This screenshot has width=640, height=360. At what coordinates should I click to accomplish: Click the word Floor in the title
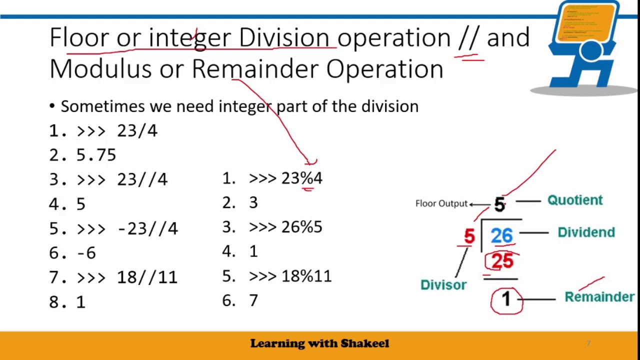pyautogui.click(x=78, y=38)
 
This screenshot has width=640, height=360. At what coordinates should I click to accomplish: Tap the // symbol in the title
pyautogui.click(x=468, y=38)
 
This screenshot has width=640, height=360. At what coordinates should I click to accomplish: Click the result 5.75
pyautogui.click(x=96, y=155)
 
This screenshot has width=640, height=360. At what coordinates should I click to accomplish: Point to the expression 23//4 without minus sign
pyautogui.click(x=142, y=179)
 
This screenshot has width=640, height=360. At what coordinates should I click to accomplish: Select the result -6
pyautogui.click(x=86, y=253)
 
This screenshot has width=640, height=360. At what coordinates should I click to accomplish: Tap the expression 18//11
pyautogui.click(x=147, y=277)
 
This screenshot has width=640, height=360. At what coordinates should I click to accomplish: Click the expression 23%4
pyautogui.click(x=301, y=178)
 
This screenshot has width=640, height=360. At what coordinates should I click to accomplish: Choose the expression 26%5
pyautogui.click(x=301, y=227)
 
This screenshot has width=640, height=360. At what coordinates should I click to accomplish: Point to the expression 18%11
pyautogui.click(x=306, y=276)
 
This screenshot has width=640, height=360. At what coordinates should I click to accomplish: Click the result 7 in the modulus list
pyautogui.click(x=253, y=300)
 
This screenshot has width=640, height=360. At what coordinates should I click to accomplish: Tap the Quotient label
pyautogui.click(x=575, y=200)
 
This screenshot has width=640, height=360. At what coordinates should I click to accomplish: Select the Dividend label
pyautogui.click(x=586, y=232)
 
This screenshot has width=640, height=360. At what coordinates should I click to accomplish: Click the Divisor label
pyautogui.click(x=443, y=285)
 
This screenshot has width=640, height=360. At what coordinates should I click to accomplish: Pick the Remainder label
pyautogui.click(x=599, y=297)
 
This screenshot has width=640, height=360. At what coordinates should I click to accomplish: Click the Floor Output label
pyautogui.click(x=441, y=203)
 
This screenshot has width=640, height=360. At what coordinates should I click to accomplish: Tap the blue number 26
pyautogui.click(x=501, y=235)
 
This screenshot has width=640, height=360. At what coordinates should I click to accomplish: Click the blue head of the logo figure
pyautogui.click(x=591, y=51)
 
